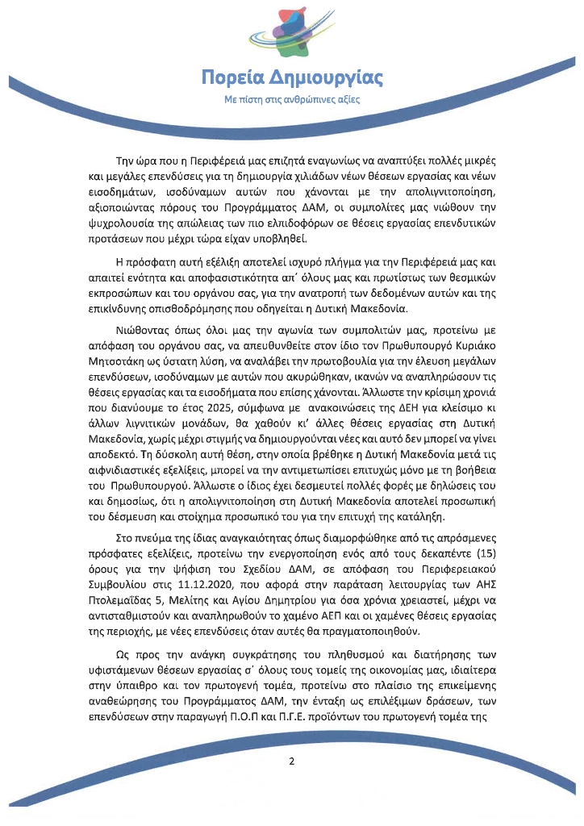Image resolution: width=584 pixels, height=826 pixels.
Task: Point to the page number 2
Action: (x=292, y=761)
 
